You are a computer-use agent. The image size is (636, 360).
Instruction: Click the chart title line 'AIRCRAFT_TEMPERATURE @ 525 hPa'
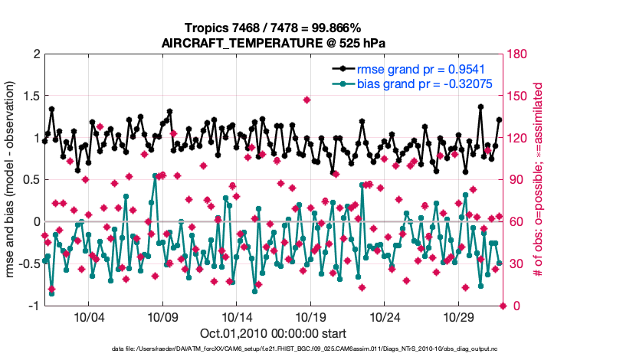click(x=273, y=43)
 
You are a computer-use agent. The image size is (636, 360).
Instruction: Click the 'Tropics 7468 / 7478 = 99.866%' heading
click(x=273, y=28)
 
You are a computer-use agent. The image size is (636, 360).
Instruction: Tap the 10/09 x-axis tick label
click(x=162, y=317)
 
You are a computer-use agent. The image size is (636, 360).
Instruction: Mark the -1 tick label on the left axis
click(x=33, y=306)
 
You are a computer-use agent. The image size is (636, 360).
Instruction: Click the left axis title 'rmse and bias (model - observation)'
click(x=12, y=180)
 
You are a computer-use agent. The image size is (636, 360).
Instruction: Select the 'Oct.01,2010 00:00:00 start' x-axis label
click(x=273, y=333)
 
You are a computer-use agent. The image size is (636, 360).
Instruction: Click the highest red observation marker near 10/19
click(x=307, y=100)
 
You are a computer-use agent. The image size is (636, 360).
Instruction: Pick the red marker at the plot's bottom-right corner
click(x=503, y=306)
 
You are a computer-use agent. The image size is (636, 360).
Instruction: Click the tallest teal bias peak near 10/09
click(x=156, y=175)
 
